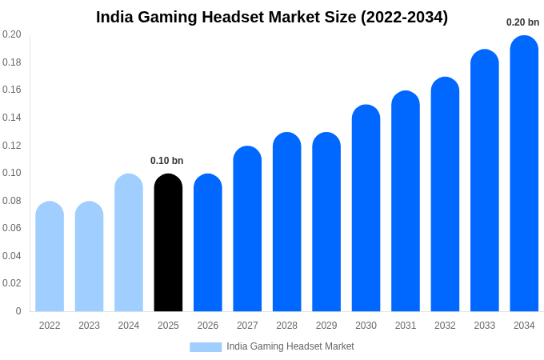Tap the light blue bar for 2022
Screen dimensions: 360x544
tap(50, 256)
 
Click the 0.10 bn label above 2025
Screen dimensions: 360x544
tap(166, 161)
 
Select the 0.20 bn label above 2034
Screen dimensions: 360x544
tap(522, 22)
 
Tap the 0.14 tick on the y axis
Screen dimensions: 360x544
tap(12, 118)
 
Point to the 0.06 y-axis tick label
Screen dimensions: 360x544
tap(12, 228)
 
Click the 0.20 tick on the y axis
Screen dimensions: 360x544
tap(12, 34)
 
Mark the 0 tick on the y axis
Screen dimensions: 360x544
tap(18, 311)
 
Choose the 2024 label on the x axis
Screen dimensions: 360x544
tap(129, 326)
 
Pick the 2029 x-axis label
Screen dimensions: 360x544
tap(326, 326)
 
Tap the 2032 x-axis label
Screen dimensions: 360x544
tap(445, 326)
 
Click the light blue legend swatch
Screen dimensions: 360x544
tap(206, 347)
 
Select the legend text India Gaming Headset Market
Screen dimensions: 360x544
tap(290, 346)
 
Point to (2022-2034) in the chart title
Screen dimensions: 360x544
tap(404, 17)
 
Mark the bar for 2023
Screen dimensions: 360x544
tap(89, 256)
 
